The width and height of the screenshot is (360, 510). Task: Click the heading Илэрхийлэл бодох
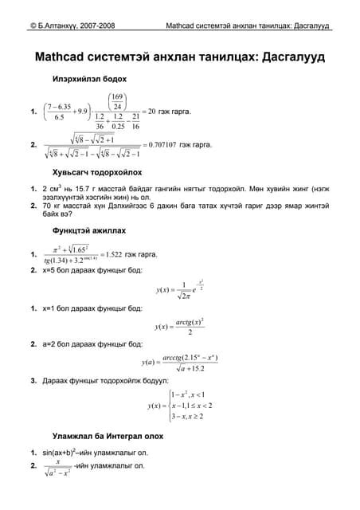click(88, 80)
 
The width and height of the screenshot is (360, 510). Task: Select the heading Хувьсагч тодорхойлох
click(96, 171)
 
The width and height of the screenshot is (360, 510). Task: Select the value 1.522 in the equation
click(133, 254)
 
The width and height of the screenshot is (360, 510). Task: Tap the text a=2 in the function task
click(52, 344)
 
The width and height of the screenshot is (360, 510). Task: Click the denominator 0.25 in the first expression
click(120, 126)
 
